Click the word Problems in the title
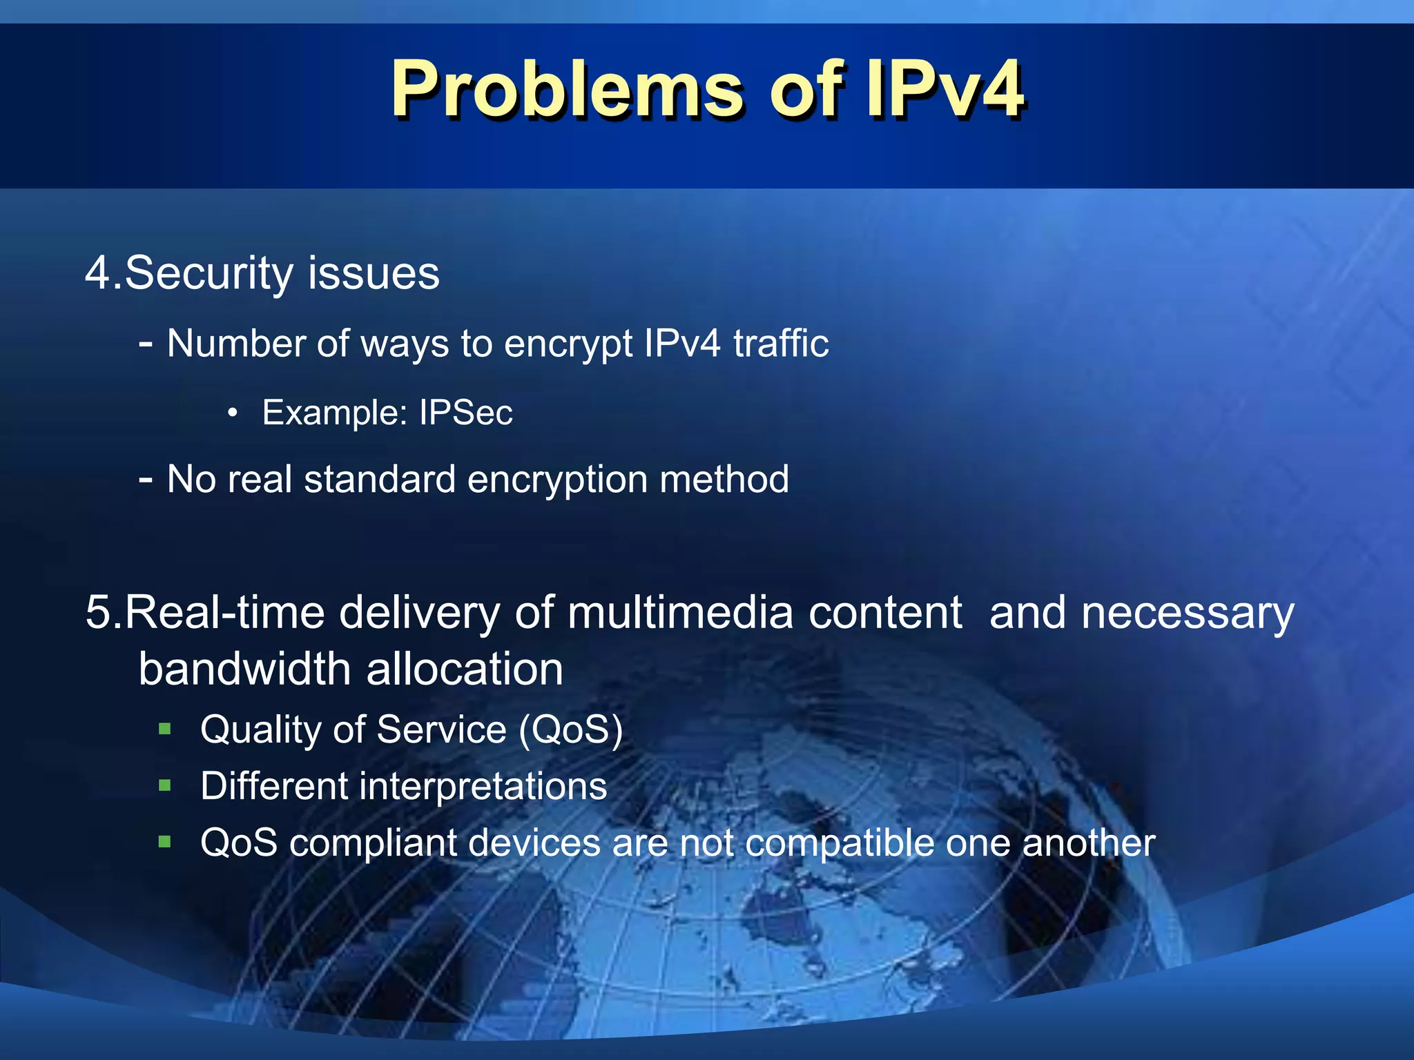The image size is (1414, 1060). pos(567,90)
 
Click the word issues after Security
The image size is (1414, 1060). pos(374,273)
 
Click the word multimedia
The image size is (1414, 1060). pos(680,613)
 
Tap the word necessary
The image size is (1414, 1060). pos(1188,613)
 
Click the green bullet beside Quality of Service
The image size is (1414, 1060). pos(164,729)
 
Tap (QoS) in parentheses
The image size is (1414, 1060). pos(570,730)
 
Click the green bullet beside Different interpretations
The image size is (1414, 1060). pos(164,785)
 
